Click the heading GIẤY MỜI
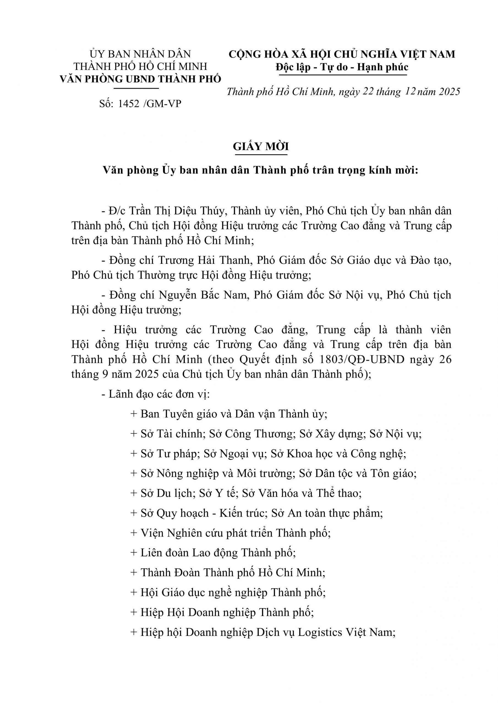[x=261, y=147]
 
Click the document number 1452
[x=128, y=104]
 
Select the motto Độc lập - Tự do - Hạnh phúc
[x=342, y=67]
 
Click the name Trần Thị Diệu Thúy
[x=178, y=211]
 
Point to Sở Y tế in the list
[x=218, y=493]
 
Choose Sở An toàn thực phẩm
[x=327, y=513]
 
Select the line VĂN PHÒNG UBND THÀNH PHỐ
[x=140, y=79]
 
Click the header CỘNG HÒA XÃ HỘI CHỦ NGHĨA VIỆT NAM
[x=342, y=54]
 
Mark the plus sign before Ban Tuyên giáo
[x=133, y=414]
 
